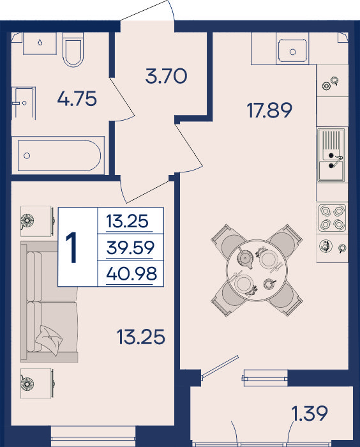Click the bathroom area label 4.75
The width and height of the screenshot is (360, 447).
pos(77,99)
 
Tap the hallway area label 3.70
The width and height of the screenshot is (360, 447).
pos(166,77)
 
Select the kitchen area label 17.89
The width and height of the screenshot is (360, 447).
pos(269,110)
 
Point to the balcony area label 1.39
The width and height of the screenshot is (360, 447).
pos(310,414)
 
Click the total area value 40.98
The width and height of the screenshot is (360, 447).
pos(131,274)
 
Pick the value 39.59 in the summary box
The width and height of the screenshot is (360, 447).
pos(130,248)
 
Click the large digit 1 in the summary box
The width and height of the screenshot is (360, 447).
pos(72,247)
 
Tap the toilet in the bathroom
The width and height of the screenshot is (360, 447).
pos(73,50)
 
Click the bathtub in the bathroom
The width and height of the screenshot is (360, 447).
pos(58,155)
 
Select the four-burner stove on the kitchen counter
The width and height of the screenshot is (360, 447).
pos(332,218)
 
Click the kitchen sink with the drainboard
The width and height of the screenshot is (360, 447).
pos(331,155)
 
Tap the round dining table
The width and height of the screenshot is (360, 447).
pos(257,270)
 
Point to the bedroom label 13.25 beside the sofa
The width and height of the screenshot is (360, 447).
pos(141,337)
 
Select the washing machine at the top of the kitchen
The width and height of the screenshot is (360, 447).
pos(292,49)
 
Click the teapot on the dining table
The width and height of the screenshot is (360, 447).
pos(245,258)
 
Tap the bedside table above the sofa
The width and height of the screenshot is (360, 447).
pos(37,221)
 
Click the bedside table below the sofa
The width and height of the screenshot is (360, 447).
pos(37,383)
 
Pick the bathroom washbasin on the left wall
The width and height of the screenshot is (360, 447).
pos(24,103)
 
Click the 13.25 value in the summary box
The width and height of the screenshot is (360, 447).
pos(128,221)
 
